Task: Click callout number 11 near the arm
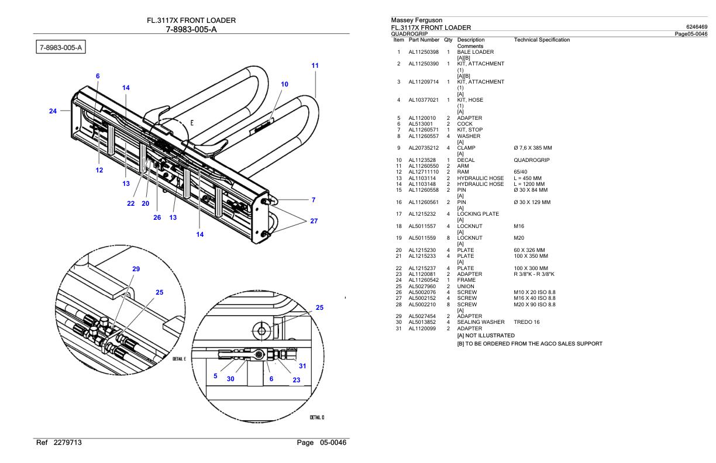click(315, 66)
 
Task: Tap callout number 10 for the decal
click(284, 84)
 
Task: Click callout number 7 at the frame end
click(314, 200)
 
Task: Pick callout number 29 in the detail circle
click(136, 269)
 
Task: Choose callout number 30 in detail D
click(230, 378)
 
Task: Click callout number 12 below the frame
click(99, 170)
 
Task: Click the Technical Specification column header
click(541, 40)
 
